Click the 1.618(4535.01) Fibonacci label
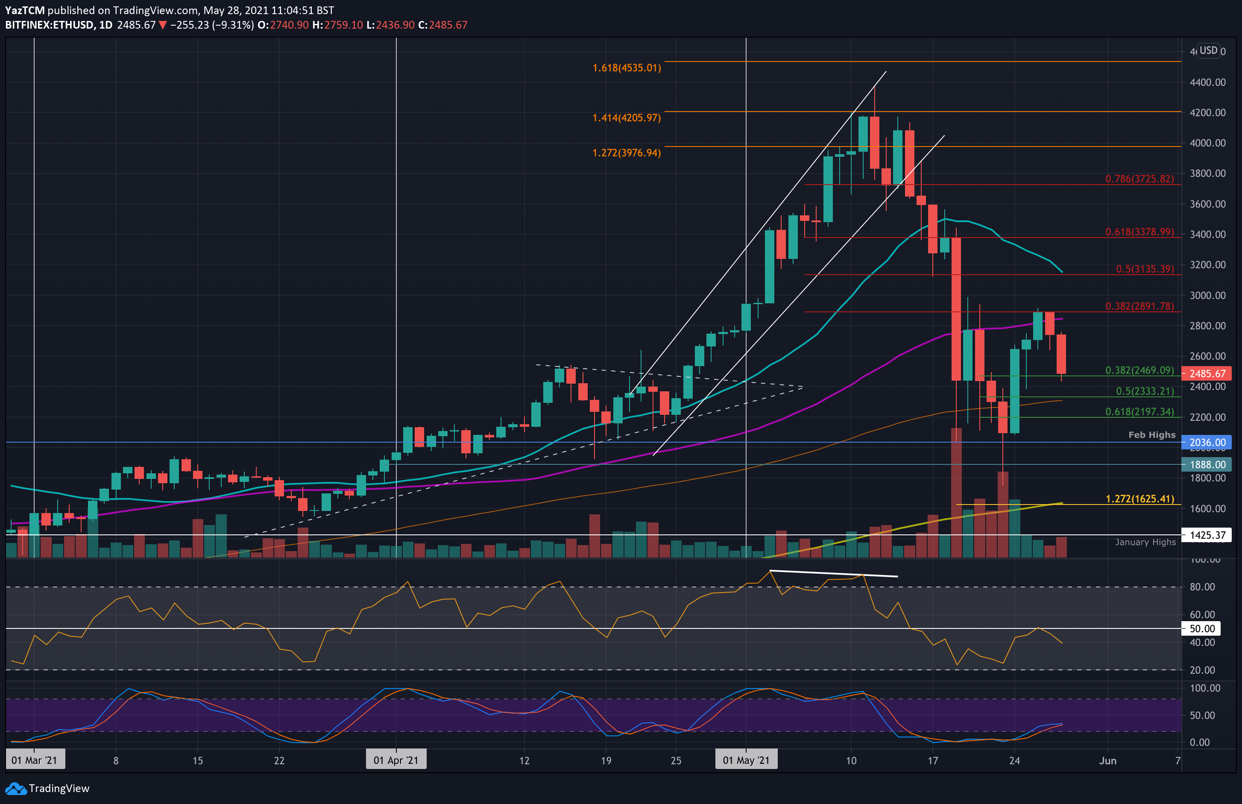(626, 68)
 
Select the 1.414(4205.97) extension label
(626, 118)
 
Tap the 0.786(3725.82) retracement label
(1139, 179)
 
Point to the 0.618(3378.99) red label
(1139, 232)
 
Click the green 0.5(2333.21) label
(1145, 391)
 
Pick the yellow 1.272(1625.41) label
(1139, 499)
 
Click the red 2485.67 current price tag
(1207, 374)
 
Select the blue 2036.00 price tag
(1207, 443)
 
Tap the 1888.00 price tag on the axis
(1207, 465)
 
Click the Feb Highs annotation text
(1152, 435)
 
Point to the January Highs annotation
(1145, 543)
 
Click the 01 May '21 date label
(746, 760)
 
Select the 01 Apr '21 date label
(395, 760)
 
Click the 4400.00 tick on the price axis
(1207, 82)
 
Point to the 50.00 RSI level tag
(1202, 628)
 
